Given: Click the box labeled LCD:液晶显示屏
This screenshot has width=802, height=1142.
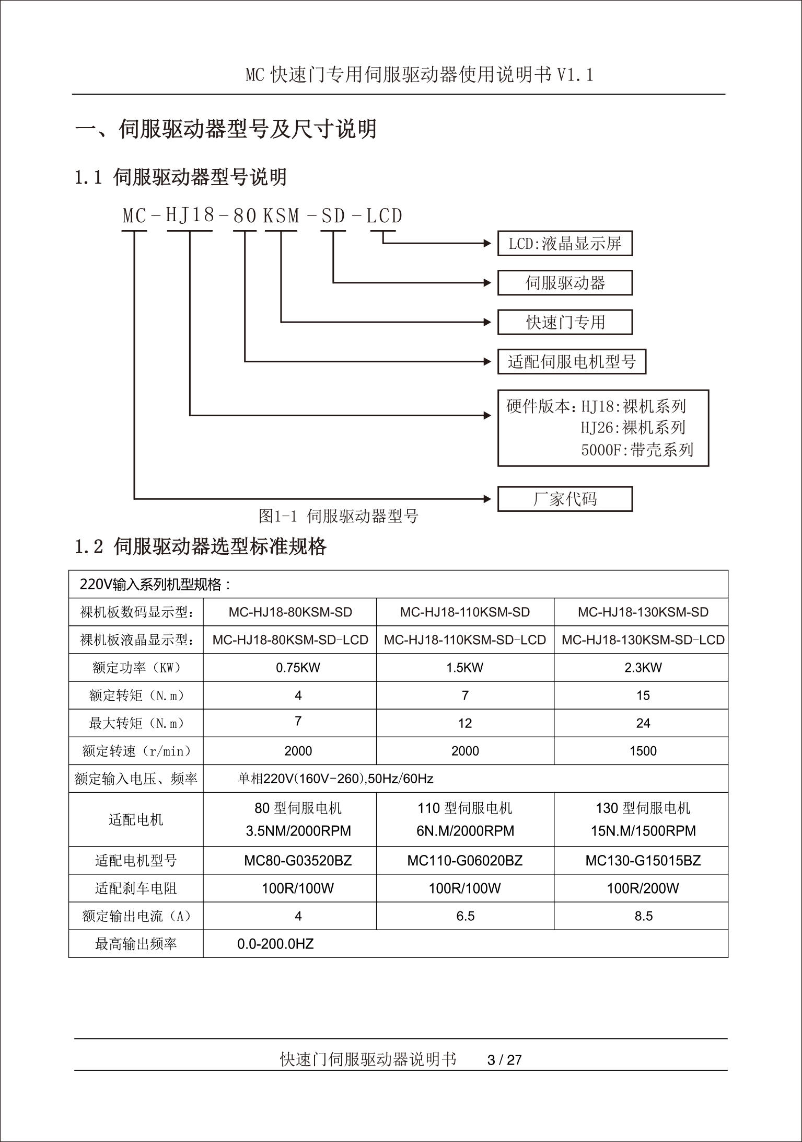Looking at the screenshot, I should [x=565, y=244].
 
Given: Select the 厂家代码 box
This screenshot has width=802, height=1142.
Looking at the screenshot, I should [x=565, y=499].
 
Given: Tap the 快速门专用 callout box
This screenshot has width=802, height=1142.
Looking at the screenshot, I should [x=565, y=322].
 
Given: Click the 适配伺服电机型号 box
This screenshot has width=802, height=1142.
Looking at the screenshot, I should [x=572, y=362].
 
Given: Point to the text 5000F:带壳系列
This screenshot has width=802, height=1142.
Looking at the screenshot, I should [x=637, y=450].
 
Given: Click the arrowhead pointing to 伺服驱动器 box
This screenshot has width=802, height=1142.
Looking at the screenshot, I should [x=487, y=283].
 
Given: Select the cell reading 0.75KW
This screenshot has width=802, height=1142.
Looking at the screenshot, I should [x=298, y=668].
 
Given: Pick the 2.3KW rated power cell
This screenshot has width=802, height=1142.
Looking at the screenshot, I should [x=643, y=668].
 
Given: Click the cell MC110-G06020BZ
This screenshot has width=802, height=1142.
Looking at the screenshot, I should [x=464, y=861].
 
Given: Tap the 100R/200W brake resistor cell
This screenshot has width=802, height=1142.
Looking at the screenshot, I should [x=643, y=888].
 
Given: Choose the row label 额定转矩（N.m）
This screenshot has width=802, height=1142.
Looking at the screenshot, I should [x=136, y=695].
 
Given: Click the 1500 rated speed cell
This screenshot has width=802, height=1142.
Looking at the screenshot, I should [x=643, y=751].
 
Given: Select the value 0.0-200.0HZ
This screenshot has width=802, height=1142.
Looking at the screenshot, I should [x=275, y=944].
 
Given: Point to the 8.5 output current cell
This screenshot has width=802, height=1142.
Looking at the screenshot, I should [x=643, y=916].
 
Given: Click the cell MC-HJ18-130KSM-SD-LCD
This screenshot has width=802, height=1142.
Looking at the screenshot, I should [x=643, y=640].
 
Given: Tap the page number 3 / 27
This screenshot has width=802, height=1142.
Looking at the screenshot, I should [x=504, y=1060].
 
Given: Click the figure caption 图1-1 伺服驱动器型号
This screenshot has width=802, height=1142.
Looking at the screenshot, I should [x=339, y=517].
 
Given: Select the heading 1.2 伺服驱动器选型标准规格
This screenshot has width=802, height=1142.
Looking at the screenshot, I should [x=201, y=547].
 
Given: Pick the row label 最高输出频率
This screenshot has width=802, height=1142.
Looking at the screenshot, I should [x=136, y=944].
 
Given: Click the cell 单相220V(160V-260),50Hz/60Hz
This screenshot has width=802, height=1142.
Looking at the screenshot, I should [x=335, y=779].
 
